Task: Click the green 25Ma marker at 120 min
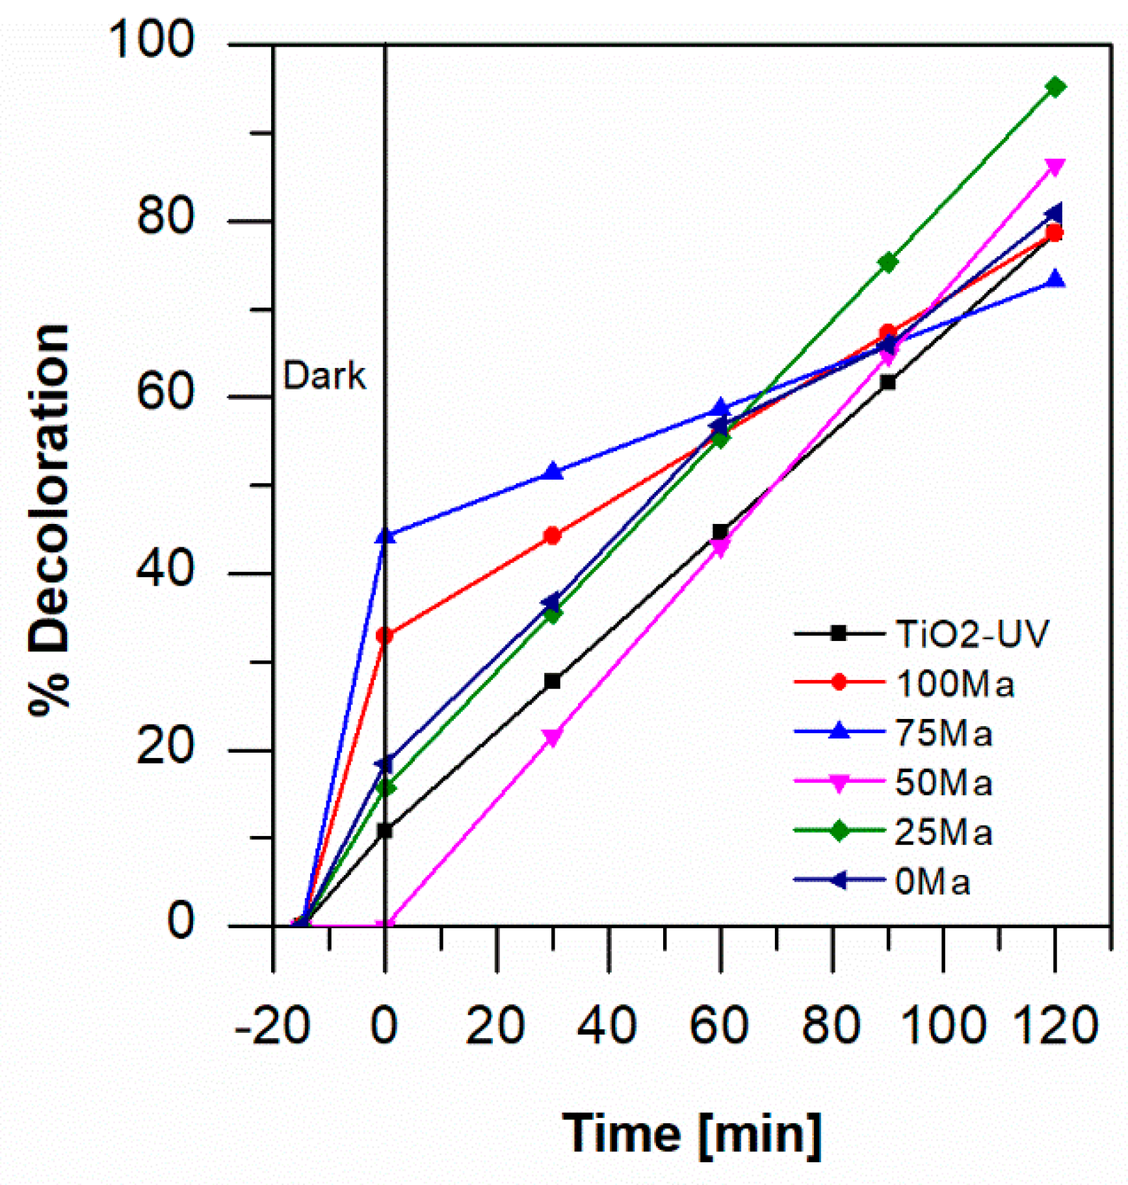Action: tap(1055, 87)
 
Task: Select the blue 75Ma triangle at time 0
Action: tap(385, 535)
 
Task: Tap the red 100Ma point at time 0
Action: tap(385, 635)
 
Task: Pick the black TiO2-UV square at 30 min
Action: tap(552, 681)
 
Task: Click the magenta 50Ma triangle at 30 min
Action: tap(552, 738)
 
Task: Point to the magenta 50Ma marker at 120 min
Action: tap(1055, 167)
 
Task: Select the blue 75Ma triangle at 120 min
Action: tap(1055, 280)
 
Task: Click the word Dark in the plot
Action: tap(324, 376)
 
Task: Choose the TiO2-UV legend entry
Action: tap(971, 634)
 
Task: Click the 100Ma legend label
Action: tap(954, 684)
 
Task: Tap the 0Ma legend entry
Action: tap(932, 882)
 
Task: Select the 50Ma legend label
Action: tap(943, 783)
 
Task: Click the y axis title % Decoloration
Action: tap(49, 520)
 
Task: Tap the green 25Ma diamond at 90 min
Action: tap(887, 262)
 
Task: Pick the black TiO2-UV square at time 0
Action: tap(385, 830)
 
